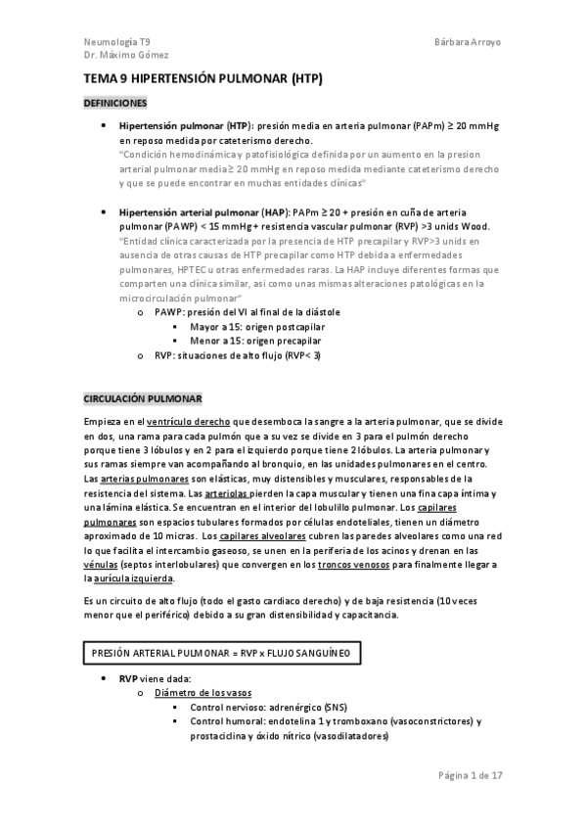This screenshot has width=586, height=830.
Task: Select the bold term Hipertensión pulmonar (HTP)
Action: click(184, 127)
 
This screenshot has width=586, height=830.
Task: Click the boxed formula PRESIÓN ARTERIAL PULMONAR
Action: click(225, 649)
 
